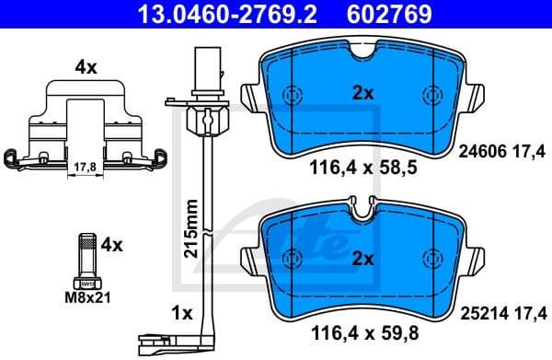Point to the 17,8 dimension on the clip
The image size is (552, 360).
(83, 168)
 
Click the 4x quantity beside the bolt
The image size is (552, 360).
(111, 245)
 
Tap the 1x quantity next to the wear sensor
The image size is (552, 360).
(181, 313)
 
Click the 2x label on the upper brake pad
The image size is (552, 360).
(362, 94)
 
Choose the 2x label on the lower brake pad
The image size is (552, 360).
(362, 259)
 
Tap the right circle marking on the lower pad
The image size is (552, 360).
(430, 258)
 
